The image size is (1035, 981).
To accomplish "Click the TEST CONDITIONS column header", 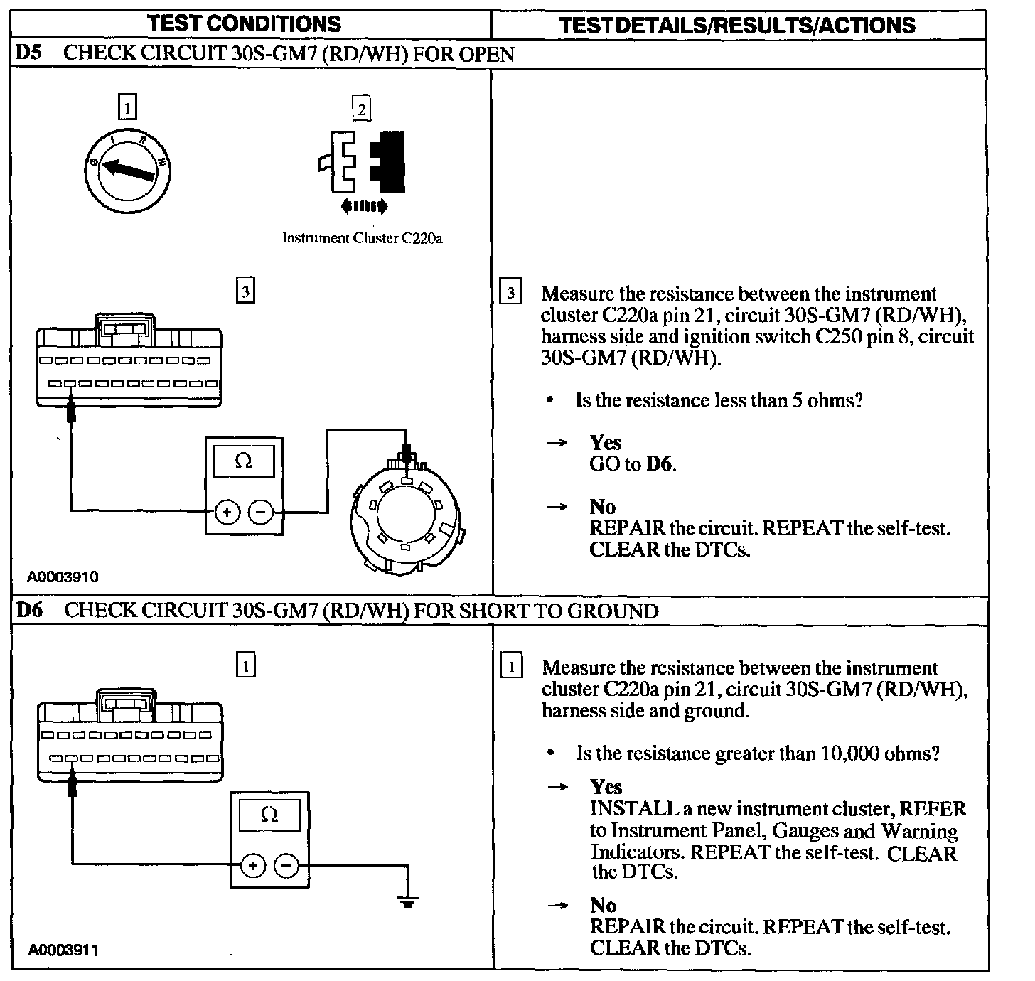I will pyautogui.click(x=245, y=24).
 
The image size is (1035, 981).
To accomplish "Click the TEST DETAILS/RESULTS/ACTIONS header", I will pyautogui.click(x=737, y=26).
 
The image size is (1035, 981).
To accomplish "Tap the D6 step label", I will pyautogui.click(x=29, y=610).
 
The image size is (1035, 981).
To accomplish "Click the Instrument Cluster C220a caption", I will pyautogui.click(x=362, y=238).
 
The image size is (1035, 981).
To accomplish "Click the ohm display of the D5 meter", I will pyautogui.click(x=243, y=461).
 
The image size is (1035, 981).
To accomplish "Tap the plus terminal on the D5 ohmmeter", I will pyautogui.click(x=227, y=512).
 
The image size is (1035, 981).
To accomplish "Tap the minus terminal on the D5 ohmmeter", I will pyautogui.click(x=260, y=512).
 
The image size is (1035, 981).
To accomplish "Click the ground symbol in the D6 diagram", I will pyautogui.click(x=407, y=901).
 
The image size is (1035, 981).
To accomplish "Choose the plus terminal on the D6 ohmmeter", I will pyautogui.click(x=252, y=866).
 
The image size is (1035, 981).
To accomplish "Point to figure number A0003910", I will pyautogui.click(x=63, y=577).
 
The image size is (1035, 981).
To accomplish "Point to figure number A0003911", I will pyautogui.click(x=63, y=950).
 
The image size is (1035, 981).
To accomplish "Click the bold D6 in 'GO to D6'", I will pyautogui.click(x=660, y=464).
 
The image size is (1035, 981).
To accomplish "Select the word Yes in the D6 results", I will pyautogui.click(x=606, y=787).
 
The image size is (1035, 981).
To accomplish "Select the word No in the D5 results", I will pyautogui.click(x=602, y=507).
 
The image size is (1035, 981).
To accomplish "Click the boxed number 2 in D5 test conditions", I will pyautogui.click(x=361, y=109).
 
